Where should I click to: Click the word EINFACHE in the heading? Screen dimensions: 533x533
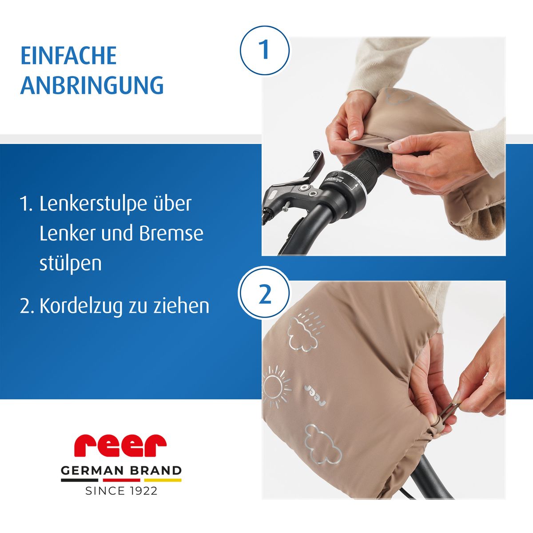(68, 56)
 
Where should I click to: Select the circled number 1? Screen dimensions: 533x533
(265, 50)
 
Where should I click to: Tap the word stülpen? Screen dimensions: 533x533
(71, 263)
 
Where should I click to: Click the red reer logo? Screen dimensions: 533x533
(120, 445)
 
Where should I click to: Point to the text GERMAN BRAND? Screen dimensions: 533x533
(121, 470)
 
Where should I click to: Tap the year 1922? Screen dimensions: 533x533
(143, 491)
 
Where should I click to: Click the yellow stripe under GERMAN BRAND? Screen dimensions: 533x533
(163, 480)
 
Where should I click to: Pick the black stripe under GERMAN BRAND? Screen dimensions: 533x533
(80, 480)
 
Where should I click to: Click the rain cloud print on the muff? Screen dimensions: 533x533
(303, 330)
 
